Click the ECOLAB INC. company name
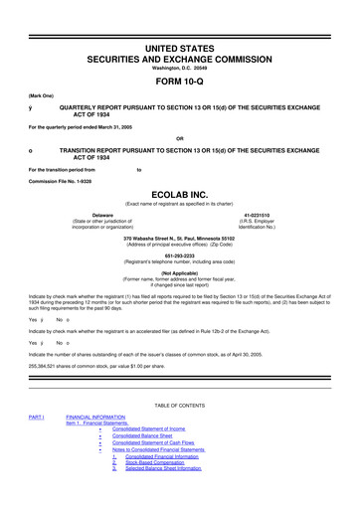coord(180,195)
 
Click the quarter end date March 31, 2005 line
coord(87,124)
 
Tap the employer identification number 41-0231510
coord(258,215)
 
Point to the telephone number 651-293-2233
coord(180,253)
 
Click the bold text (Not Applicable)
coord(180,271)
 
